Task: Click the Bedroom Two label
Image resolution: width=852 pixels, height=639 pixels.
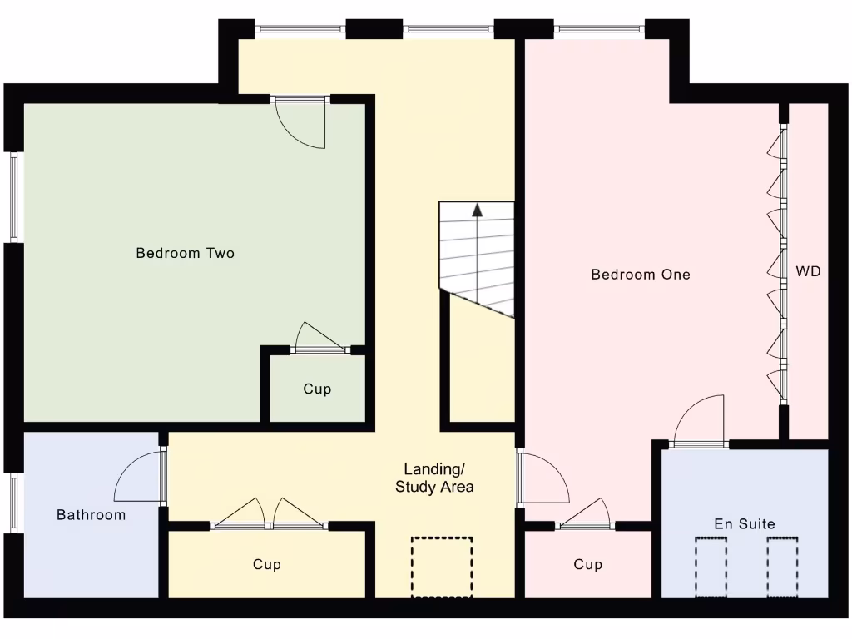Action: (185, 253)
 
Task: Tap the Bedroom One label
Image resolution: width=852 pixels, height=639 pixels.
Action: (640, 274)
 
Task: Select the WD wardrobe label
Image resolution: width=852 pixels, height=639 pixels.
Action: (808, 271)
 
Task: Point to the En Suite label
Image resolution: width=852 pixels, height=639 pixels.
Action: (744, 524)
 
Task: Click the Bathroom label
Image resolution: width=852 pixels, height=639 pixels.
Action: (91, 515)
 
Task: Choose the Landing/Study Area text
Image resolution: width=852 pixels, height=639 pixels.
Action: (434, 478)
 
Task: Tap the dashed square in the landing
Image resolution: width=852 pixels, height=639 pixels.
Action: (442, 567)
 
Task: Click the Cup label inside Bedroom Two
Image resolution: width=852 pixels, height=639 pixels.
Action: (317, 389)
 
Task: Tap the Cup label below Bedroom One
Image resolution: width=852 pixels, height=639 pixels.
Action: (587, 565)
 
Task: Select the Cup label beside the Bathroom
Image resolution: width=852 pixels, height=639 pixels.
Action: (266, 565)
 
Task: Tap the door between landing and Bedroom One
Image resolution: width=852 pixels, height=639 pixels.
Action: (541, 478)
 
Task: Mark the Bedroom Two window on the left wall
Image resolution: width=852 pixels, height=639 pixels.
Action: (13, 196)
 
